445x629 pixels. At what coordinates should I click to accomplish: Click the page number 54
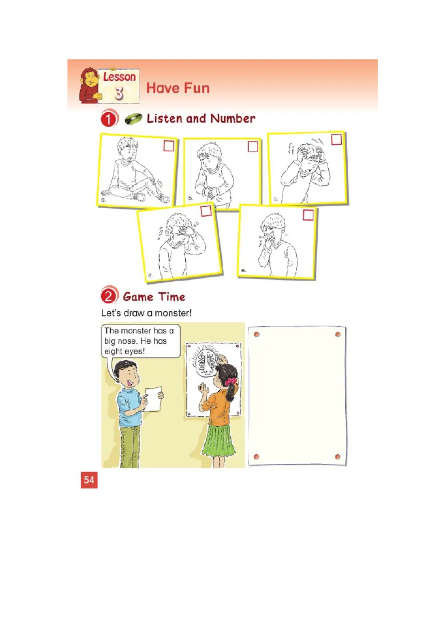coord(89,480)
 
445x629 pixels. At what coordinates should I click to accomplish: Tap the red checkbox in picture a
coord(169,146)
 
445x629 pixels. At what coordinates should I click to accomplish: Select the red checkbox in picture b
coord(253,147)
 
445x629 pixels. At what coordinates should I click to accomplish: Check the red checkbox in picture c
coord(336,139)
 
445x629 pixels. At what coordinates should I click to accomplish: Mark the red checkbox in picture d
coord(206,211)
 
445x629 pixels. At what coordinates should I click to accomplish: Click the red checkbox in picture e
coord(308,214)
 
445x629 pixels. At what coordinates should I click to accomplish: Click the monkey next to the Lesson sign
coord(89,85)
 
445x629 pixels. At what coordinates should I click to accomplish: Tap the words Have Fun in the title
coord(177,88)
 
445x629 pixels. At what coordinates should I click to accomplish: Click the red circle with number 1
coord(110,119)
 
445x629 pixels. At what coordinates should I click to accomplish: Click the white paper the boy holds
coord(152,399)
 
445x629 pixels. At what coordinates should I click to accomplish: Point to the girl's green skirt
coord(218,440)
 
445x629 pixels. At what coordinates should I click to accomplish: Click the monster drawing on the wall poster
coord(206,366)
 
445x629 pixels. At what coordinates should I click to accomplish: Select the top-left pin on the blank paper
coord(256,335)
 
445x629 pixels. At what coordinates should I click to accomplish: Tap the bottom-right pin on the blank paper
coord(338,457)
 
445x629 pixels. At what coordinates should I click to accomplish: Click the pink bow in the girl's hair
coord(231,382)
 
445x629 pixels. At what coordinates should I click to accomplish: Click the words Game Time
coord(154,297)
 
